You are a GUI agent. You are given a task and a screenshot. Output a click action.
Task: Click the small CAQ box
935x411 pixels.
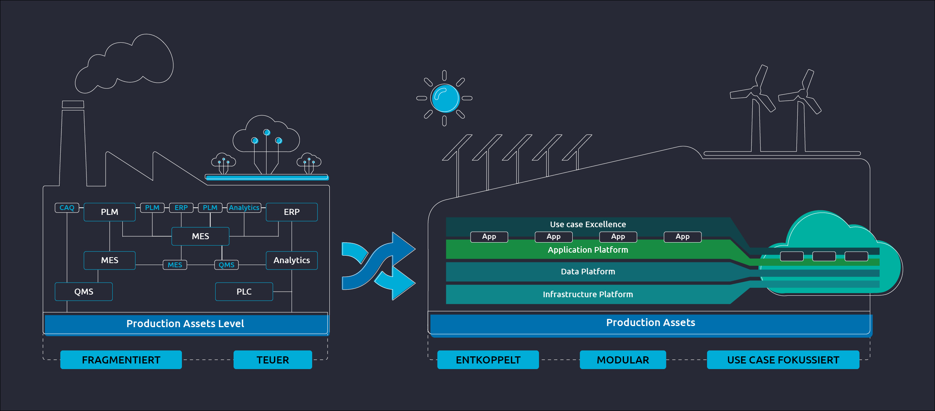pyautogui.click(x=67, y=208)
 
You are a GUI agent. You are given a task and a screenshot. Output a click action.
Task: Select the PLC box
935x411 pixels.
pyautogui.click(x=244, y=292)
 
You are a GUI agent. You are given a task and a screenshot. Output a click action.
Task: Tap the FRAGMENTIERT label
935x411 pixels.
pyautogui.click(x=121, y=360)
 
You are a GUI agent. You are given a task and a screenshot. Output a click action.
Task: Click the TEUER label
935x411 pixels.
pyautogui.click(x=272, y=360)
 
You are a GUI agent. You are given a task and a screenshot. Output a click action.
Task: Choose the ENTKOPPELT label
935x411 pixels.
pyautogui.click(x=488, y=360)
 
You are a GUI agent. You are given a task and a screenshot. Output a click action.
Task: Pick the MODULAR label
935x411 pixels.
pyautogui.click(x=622, y=360)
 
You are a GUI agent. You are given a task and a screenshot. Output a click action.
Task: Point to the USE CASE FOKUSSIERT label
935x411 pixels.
pyautogui.click(x=783, y=360)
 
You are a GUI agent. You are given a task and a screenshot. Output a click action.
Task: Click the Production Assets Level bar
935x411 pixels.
pyautogui.click(x=185, y=324)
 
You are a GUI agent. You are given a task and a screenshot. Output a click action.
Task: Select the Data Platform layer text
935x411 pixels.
pyautogui.click(x=588, y=272)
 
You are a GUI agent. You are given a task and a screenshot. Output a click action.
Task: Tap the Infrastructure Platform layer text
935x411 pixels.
pyautogui.click(x=588, y=295)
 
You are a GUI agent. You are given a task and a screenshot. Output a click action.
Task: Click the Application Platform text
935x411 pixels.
pyautogui.click(x=588, y=250)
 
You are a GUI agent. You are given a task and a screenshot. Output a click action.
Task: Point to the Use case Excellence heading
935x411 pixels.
pyautogui.click(x=588, y=225)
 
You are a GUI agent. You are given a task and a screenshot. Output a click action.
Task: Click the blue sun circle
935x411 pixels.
pyautogui.click(x=445, y=98)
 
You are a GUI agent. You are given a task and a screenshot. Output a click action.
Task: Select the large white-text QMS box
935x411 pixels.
pyautogui.click(x=83, y=292)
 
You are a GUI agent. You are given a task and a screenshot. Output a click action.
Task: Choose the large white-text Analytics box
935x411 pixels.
pyautogui.click(x=292, y=261)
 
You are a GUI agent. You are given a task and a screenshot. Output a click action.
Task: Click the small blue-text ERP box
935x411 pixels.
pyautogui.click(x=181, y=208)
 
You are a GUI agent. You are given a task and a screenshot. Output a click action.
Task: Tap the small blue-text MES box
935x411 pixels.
pyautogui.click(x=175, y=265)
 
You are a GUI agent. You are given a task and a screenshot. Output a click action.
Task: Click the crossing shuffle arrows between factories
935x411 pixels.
pyautogui.click(x=378, y=266)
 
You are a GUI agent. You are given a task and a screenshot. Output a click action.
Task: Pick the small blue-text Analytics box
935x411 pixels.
pyautogui.click(x=244, y=208)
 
